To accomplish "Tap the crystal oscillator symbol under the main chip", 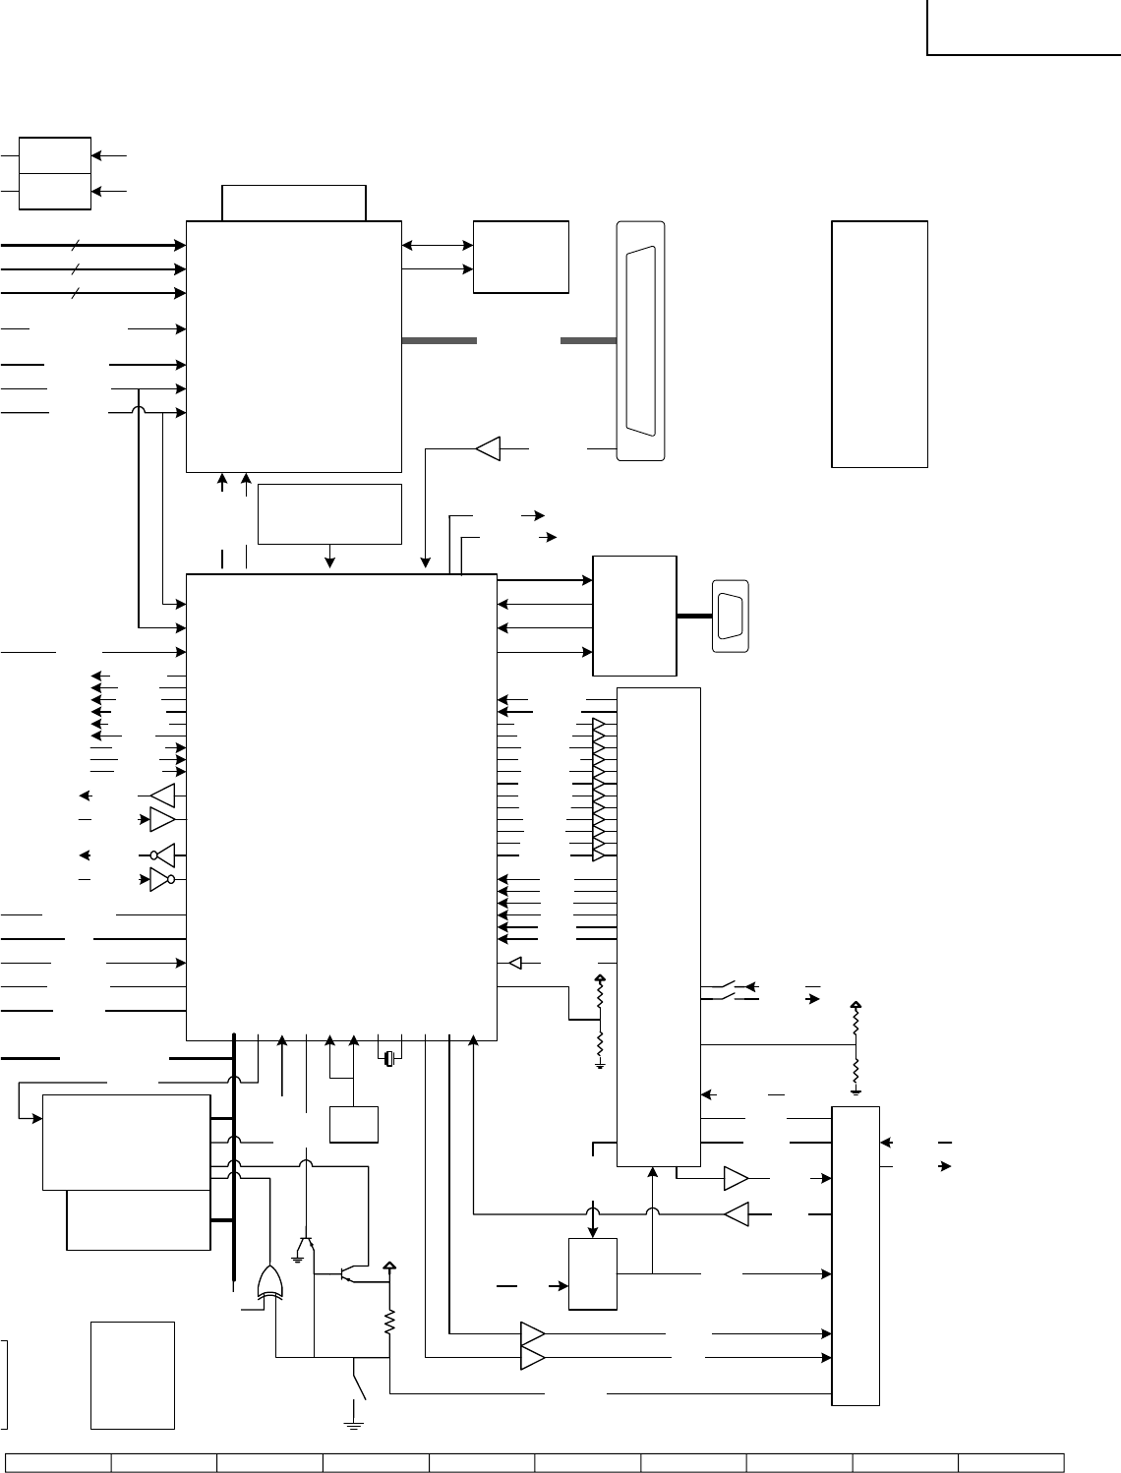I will [389, 1058].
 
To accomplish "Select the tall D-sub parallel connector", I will [640, 340].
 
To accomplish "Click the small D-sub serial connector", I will [730, 617].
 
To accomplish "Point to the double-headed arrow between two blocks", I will [438, 245].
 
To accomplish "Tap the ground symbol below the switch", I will [354, 1423].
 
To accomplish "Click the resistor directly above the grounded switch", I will [389, 1321].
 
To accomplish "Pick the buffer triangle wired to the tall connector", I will [489, 448].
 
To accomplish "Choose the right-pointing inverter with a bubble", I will [162, 879].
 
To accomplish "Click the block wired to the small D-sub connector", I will [634, 616].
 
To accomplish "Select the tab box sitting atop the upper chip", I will [294, 204].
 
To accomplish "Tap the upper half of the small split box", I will [55, 155].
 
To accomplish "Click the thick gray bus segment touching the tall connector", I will [588, 340].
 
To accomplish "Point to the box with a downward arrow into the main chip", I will [329, 513].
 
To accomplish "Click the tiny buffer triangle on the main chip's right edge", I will [514, 963].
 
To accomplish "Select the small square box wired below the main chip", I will [354, 1124].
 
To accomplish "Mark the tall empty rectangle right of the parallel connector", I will [879, 344].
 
